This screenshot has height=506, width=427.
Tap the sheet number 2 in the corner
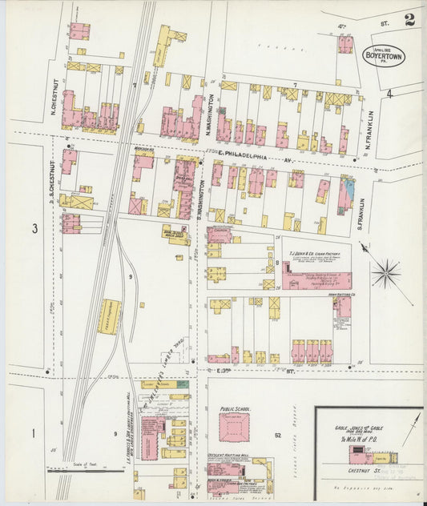pos(409,20)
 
